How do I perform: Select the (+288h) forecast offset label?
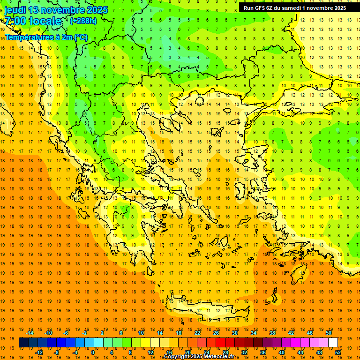point(83,21)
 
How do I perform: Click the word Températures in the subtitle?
point(27,37)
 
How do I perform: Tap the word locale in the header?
point(45,21)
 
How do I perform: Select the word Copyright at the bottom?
point(177,357)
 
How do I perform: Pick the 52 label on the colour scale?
point(338,352)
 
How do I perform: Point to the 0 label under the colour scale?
point(92,352)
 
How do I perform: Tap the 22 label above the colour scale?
point(197,333)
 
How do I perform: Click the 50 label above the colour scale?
point(328,333)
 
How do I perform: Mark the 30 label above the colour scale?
point(234,333)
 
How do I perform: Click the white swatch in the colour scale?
point(333,343)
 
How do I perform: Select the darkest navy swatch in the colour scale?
point(23,343)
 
